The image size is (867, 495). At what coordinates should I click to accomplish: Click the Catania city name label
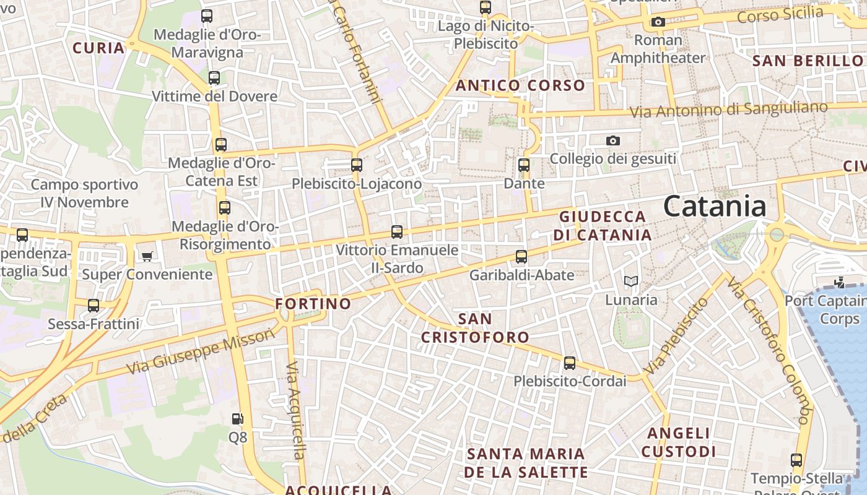(714, 206)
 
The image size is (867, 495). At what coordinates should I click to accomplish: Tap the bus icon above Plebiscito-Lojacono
(356, 165)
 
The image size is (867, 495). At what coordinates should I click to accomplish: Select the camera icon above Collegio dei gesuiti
(613, 141)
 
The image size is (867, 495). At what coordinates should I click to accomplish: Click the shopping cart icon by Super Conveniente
(147, 256)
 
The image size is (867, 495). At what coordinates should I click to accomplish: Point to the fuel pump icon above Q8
(237, 419)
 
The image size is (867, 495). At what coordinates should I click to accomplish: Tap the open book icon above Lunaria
(631, 282)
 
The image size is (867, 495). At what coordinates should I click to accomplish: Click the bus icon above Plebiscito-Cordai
(570, 363)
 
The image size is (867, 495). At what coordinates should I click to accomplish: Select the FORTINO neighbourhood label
(313, 304)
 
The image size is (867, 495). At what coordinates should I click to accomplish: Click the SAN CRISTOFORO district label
(476, 328)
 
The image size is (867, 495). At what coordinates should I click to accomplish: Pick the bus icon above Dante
(524, 165)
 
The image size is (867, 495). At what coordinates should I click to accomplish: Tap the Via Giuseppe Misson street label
(201, 351)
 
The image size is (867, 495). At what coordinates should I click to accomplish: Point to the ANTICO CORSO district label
(520, 85)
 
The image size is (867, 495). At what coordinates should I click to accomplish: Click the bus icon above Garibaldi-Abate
(521, 257)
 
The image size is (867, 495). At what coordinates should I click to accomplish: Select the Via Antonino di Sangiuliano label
(728, 110)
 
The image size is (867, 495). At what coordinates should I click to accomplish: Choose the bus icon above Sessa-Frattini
(94, 306)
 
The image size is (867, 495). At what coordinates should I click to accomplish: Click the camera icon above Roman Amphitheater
(658, 22)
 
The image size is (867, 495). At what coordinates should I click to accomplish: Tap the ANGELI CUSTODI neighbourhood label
(678, 442)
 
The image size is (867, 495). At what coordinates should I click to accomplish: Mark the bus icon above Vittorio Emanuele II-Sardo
(397, 233)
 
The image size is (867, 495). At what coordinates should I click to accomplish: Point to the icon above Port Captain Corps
(839, 283)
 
